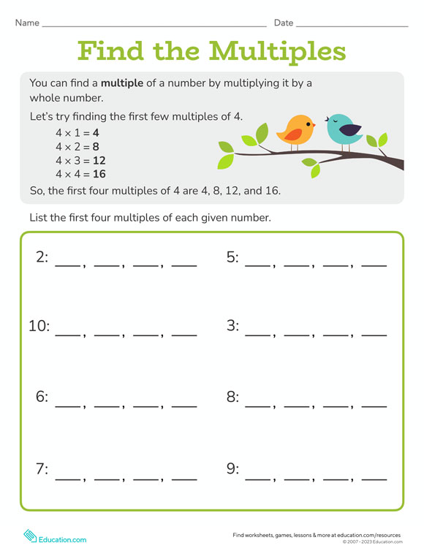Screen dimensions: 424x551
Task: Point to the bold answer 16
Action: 99,174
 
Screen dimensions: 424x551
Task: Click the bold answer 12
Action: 99,160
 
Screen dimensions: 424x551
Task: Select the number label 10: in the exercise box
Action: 39,326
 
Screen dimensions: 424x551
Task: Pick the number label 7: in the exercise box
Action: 42,468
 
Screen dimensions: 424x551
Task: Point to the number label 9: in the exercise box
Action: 232,468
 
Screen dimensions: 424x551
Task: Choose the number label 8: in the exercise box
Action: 232,397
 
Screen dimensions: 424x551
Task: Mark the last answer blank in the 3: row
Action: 374,334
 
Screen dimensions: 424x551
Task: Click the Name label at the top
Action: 26,23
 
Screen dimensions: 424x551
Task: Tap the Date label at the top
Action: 284,23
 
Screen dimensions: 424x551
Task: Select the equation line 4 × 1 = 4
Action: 77,133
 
